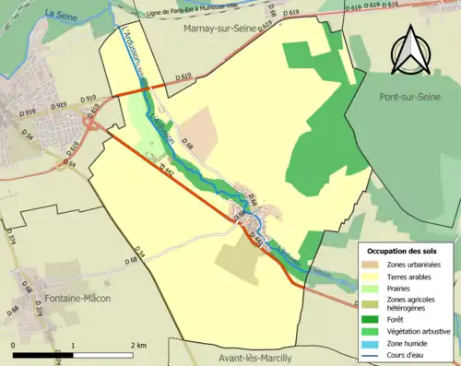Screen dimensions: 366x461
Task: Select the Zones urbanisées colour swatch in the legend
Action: [x=372, y=266]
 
